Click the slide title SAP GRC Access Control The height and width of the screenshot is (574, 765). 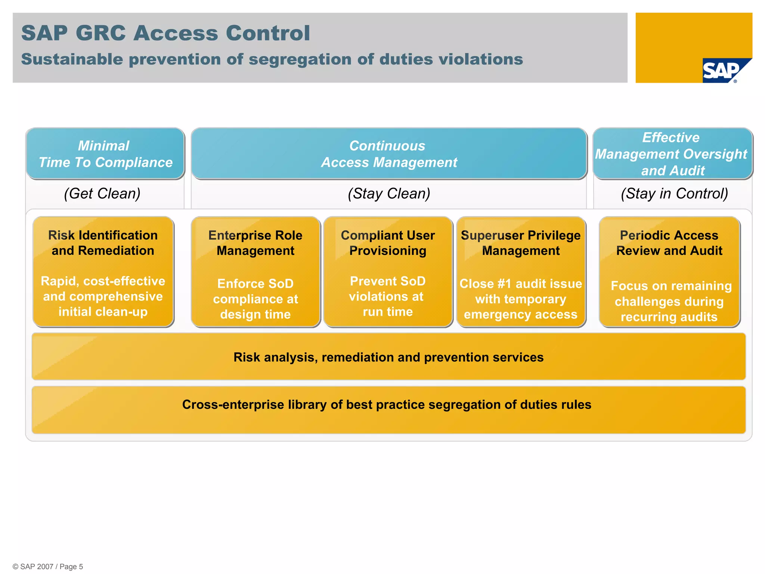[165, 33]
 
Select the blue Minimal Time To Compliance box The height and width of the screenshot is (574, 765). [105, 154]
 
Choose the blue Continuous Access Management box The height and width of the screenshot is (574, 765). [388, 154]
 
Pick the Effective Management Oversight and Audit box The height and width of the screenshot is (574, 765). [672, 154]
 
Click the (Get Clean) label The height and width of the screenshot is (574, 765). [102, 194]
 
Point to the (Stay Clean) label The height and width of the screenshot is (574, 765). [388, 194]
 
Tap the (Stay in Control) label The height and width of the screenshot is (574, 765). [674, 194]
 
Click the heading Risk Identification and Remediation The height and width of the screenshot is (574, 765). [103, 243]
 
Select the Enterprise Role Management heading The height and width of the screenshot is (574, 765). [255, 243]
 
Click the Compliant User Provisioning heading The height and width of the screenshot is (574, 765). [388, 243]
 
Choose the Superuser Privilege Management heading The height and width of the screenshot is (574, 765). [521, 243]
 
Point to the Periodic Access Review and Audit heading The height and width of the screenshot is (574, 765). [669, 243]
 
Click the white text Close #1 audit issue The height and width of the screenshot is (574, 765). [521, 284]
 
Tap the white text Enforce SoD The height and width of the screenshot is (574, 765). [255, 284]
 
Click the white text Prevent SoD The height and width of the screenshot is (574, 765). [388, 281]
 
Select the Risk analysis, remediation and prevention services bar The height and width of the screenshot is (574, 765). [388, 357]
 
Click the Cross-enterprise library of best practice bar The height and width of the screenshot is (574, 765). [387, 405]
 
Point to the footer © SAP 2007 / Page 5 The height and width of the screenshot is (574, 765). [48, 567]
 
